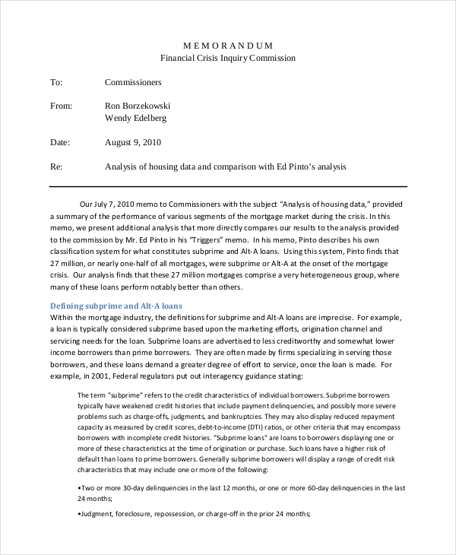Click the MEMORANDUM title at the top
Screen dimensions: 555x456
[x=228, y=45]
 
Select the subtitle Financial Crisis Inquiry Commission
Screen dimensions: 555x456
[x=228, y=58]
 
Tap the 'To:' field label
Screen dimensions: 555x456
[x=56, y=82]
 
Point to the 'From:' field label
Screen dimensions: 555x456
[x=61, y=106]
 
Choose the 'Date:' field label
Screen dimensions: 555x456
[x=60, y=142]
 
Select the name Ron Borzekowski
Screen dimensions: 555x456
[x=138, y=106]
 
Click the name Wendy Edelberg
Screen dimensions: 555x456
[x=135, y=118]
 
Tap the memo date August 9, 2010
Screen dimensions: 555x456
[x=132, y=142]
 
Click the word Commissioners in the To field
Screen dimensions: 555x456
[x=133, y=82]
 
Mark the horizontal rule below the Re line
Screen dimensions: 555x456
[x=228, y=186]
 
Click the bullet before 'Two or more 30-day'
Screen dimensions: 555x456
[x=80, y=487]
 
